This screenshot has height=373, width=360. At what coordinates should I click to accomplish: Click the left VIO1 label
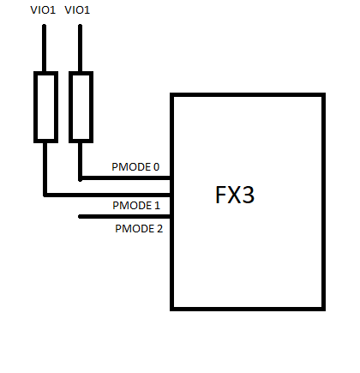[43, 10]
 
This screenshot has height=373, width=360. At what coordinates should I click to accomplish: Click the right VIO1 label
[77, 10]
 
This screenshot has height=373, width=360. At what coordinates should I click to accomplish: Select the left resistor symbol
[45, 107]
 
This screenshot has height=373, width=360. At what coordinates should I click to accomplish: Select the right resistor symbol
[81, 107]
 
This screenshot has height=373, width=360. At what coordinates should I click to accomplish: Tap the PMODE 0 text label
[135, 167]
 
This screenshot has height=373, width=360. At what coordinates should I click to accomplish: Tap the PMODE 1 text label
[136, 206]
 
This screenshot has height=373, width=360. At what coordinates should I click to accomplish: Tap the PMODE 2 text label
[139, 229]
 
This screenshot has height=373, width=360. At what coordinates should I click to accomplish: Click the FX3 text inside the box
[235, 195]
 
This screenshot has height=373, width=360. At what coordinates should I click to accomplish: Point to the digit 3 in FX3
[248, 195]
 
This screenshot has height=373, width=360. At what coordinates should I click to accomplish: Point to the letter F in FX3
[220, 195]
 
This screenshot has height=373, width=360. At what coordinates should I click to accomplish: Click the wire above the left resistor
[44, 48]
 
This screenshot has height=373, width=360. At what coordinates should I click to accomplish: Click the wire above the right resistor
[80, 48]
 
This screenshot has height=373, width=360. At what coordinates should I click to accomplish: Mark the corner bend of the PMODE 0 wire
[81, 178]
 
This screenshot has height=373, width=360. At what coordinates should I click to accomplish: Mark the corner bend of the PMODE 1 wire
[45, 195]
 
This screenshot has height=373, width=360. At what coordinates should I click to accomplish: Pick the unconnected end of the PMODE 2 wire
[80, 217]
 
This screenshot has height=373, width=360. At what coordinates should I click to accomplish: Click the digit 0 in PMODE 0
[156, 167]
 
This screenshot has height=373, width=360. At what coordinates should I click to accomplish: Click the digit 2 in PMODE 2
[159, 229]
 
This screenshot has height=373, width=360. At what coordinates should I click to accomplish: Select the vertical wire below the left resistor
[45, 169]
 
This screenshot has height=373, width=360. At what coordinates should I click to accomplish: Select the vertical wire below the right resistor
[81, 161]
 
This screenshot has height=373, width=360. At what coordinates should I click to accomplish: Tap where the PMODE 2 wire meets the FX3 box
[171, 217]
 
